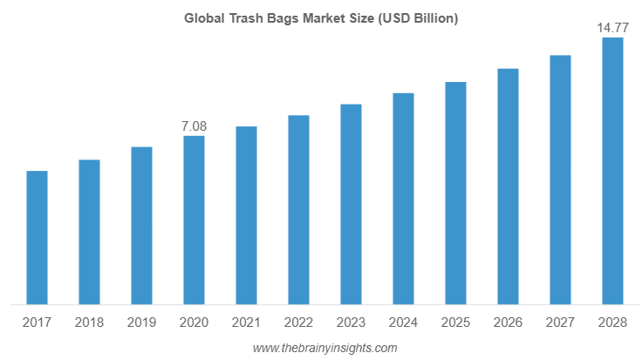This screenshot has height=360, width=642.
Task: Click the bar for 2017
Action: [x=37, y=237]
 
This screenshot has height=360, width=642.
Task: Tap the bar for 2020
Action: [x=194, y=220]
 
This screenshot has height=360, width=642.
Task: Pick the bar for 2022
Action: [x=298, y=209]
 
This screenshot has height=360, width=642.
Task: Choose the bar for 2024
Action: [x=403, y=198]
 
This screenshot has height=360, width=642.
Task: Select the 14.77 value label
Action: [x=612, y=29]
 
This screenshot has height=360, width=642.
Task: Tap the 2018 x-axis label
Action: [x=89, y=323]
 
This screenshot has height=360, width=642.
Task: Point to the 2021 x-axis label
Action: [x=246, y=323]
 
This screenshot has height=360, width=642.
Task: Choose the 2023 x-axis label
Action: [x=351, y=323]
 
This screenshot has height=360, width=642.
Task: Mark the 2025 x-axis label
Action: [x=455, y=323]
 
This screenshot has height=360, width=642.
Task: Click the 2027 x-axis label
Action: [x=560, y=323]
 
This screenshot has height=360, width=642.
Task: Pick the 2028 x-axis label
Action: [x=612, y=323]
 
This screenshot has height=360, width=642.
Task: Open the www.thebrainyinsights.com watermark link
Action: [x=324, y=348]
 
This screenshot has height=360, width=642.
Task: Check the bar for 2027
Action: [x=560, y=180]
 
